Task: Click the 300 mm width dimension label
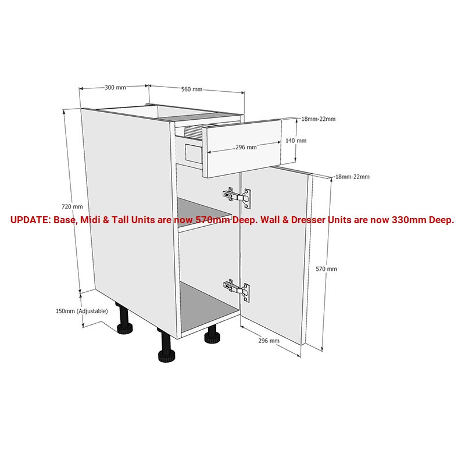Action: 115,88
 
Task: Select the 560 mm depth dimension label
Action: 192,90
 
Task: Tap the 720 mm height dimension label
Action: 72,207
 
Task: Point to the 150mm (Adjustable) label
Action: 82,311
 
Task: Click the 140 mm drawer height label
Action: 296,141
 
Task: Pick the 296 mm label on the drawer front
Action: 246,147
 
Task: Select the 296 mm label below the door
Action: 269,341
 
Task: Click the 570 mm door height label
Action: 327,269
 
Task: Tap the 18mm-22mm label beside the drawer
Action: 319,119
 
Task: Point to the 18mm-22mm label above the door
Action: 352,177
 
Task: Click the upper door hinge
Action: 237,196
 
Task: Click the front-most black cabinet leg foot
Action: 166,356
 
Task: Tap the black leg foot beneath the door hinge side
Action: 212,338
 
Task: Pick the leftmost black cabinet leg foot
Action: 125,328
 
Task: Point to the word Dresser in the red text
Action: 308,220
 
